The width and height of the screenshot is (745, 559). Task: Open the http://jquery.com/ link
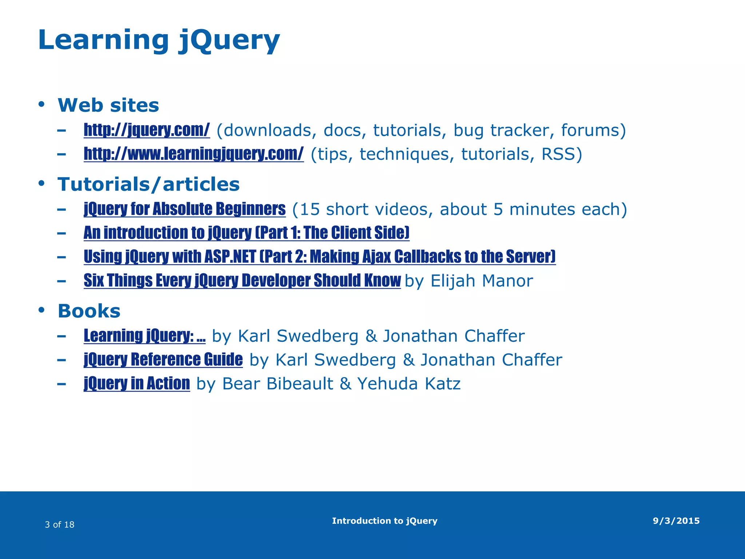(x=147, y=130)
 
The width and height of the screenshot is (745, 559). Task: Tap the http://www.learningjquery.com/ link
(x=194, y=154)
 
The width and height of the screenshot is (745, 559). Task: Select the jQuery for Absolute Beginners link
(x=184, y=209)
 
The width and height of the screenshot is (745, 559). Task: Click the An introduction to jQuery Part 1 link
(x=246, y=233)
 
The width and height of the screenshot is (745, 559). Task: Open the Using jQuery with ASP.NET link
(x=319, y=257)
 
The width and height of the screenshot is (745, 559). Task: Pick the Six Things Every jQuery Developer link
(x=242, y=281)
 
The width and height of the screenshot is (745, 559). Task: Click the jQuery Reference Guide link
(x=163, y=360)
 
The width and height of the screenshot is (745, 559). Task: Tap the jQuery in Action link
(x=137, y=384)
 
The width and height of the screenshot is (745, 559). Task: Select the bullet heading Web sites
(x=108, y=105)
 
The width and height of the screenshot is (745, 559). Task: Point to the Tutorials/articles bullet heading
(x=148, y=184)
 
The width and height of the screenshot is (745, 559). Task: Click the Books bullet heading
(x=89, y=311)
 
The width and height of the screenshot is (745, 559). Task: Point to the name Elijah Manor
(x=482, y=281)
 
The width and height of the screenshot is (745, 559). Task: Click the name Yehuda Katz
(x=409, y=384)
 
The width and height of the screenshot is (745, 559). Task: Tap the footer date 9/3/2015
(x=676, y=521)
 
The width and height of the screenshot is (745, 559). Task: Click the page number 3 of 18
(x=60, y=524)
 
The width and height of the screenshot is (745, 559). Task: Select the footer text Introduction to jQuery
(x=385, y=521)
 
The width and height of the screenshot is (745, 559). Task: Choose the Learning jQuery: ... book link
(x=144, y=336)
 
